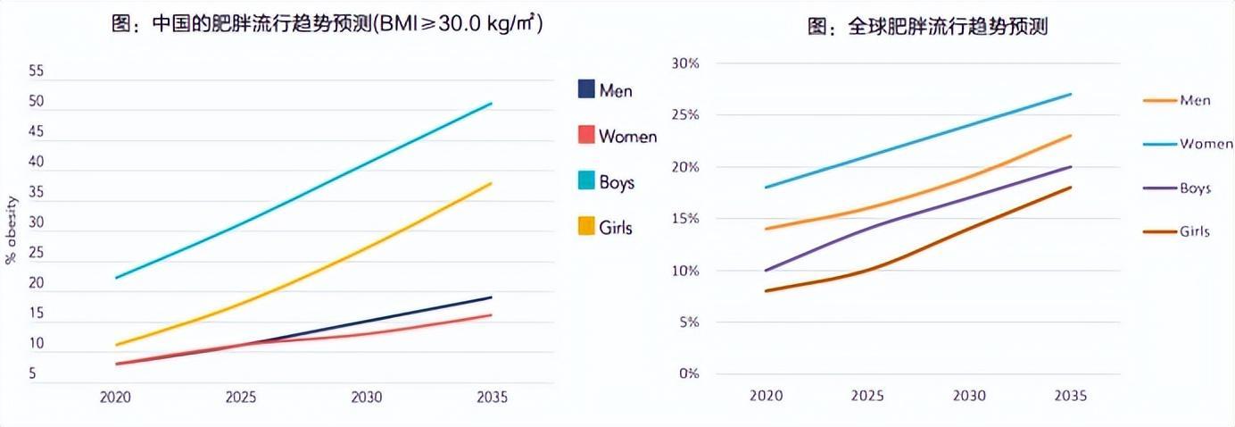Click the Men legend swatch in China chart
(586, 89)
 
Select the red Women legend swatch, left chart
(586, 135)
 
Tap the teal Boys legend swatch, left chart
(586, 181)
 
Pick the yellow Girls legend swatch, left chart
(586, 227)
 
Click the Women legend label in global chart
(1206, 144)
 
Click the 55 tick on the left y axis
(37, 71)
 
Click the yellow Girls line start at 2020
(116, 345)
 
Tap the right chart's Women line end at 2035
(1071, 94)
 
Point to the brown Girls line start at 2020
(765, 291)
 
